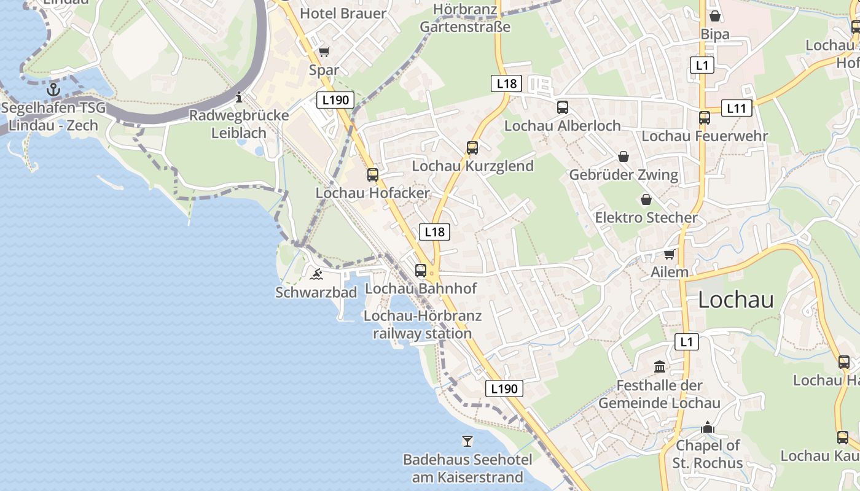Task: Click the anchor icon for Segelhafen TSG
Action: pos(54,90)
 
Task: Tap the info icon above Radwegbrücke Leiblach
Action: pos(239,97)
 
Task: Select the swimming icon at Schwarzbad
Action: pos(316,274)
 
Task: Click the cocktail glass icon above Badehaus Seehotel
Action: pos(467,441)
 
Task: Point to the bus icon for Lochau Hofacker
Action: pos(373,174)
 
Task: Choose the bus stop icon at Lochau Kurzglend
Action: pos(472,147)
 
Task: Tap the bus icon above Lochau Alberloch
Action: pos(562,107)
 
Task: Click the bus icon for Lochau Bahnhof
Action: pos(421,270)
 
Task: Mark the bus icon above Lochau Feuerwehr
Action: pos(705,118)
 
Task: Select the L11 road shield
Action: pos(736,109)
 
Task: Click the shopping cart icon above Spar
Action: pos(324,52)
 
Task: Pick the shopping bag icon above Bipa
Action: pos(715,15)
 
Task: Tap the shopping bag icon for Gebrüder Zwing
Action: pos(623,157)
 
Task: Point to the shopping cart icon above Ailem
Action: pos(669,253)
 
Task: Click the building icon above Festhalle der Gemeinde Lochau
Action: pos(660,367)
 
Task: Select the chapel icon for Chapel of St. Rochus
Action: pos(708,427)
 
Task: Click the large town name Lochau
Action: pos(736,300)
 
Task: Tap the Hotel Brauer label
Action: pos(343,14)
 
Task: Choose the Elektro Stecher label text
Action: pos(646,218)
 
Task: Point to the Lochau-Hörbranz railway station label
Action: pos(423,325)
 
